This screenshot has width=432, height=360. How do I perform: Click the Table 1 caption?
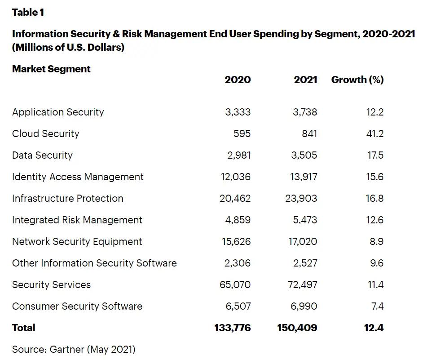click(x=28, y=12)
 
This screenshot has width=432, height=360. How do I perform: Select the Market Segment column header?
click(x=51, y=69)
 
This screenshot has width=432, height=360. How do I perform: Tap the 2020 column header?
click(x=238, y=80)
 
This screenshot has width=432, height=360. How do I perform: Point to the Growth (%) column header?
click(x=357, y=80)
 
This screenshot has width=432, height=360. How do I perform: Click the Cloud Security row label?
click(x=45, y=133)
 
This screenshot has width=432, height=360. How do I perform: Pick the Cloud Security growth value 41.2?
click(x=375, y=133)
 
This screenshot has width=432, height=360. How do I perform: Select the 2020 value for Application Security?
click(x=238, y=112)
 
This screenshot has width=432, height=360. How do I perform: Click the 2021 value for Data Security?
click(x=304, y=155)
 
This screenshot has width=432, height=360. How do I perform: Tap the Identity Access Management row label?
click(x=78, y=177)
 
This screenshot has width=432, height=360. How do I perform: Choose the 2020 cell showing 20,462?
click(x=235, y=198)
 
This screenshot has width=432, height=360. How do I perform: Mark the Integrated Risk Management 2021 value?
click(x=304, y=220)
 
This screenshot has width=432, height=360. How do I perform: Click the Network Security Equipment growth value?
click(x=377, y=241)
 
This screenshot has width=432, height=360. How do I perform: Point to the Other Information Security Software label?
click(x=94, y=263)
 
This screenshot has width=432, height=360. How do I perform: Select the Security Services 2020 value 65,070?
click(x=235, y=284)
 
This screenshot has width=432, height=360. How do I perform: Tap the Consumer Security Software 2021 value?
click(x=304, y=306)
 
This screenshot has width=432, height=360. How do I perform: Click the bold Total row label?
click(x=23, y=328)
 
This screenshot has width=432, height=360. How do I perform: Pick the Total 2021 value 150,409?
click(x=297, y=328)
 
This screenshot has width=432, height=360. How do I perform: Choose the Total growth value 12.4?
click(x=374, y=328)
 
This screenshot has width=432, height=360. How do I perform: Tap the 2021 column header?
click(x=305, y=80)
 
